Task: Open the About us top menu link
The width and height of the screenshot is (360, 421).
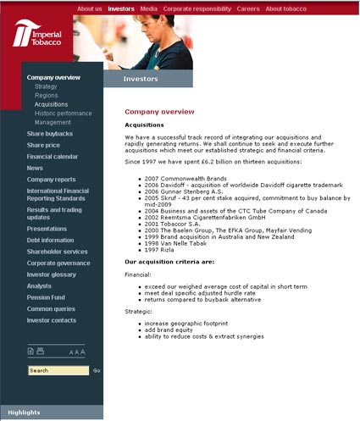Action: (x=90, y=8)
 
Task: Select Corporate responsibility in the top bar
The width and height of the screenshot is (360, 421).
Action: (x=197, y=8)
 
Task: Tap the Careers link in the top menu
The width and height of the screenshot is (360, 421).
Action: (x=248, y=8)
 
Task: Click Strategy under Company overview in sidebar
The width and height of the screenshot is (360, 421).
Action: (x=46, y=86)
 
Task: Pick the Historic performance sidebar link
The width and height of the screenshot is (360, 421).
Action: (x=64, y=114)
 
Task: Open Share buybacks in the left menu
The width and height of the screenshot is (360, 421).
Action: (x=49, y=134)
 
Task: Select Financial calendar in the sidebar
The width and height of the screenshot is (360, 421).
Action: (x=53, y=157)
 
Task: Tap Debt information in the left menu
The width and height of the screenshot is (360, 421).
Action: (x=50, y=240)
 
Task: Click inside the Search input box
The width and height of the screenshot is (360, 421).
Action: (x=58, y=370)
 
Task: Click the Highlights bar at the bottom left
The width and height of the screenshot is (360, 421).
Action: (x=51, y=413)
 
